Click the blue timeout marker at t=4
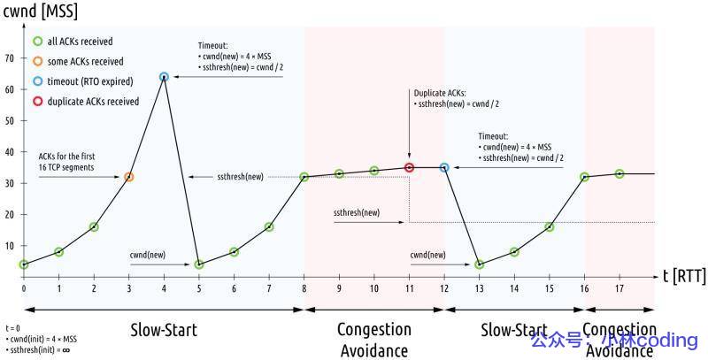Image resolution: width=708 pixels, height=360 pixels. (x=164, y=77)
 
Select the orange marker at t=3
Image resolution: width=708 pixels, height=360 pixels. (x=129, y=177)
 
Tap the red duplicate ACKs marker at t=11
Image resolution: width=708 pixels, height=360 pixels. (x=409, y=167)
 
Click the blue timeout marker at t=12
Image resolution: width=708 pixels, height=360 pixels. (x=444, y=167)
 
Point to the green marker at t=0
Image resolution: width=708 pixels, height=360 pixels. (x=24, y=264)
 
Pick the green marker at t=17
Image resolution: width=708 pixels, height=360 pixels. (x=619, y=173)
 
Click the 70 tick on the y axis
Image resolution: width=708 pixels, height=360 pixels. (x=11, y=58)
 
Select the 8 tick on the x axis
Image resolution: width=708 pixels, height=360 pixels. (x=304, y=288)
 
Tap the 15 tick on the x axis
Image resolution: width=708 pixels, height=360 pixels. (x=550, y=288)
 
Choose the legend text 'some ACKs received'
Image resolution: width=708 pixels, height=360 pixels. (x=87, y=61)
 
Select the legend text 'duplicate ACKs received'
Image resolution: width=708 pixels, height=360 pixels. (x=94, y=101)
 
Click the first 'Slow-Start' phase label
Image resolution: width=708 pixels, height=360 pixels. (x=164, y=330)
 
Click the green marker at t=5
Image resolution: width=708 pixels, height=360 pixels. (x=199, y=264)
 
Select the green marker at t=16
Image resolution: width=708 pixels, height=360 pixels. (x=584, y=177)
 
